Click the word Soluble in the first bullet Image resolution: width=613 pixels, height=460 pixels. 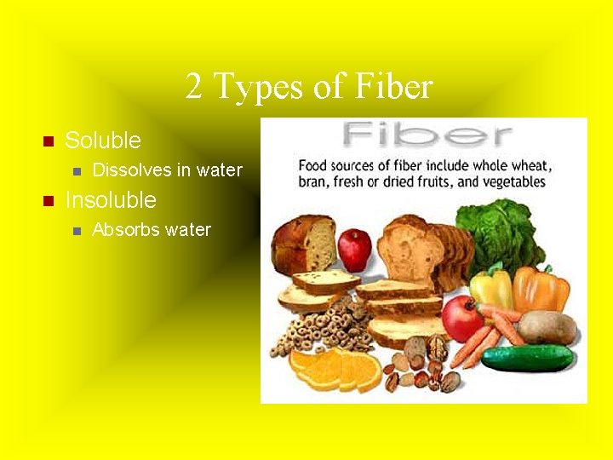pyautogui.click(x=103, y=141)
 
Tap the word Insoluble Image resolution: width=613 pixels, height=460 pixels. pyautogui.click(x=111, y=200)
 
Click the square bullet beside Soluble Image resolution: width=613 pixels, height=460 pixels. pyautogui.click(x=48, y=141)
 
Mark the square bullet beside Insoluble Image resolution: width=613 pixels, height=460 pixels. pyautogui.click(x=48, y=201)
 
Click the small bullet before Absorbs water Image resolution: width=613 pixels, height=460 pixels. pyautogui.click(x=76, y=230)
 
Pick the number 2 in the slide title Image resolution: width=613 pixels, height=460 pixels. pyautogui.click(x=195, y=86)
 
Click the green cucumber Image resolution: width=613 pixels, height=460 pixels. pyautogui.click(x=528, y=358)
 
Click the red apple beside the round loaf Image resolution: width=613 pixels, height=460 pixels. pyautogui.click(x=354, y=249)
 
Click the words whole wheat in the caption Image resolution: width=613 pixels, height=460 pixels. pyautogui.click(x=514, y=165)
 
